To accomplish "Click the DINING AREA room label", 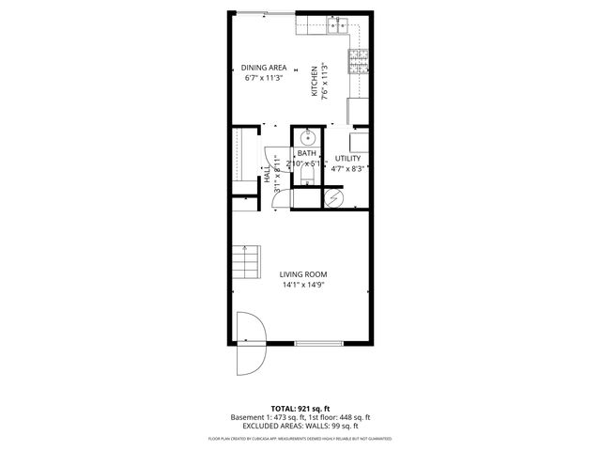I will click(x=264, y=68).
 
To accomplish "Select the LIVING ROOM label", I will click(x=302, y=274).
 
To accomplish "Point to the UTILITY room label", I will click(x=348, y=159).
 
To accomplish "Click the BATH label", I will click(x=306, y=153).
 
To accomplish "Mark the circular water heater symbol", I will click(x=331, y=197).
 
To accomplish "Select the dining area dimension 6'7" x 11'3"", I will click(x=264, y=78).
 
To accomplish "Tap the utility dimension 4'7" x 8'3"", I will click(x=348, y=169).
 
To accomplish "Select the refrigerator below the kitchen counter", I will click(x=358, y=111).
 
